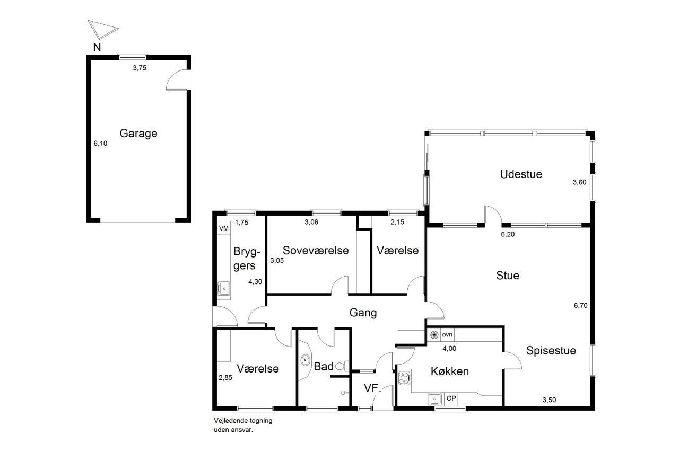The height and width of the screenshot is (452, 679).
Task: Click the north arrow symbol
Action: tap(102, 30)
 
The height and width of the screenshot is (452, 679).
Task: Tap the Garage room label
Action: tap(138, 134)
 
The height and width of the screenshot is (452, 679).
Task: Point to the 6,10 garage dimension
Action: tap(100, 144)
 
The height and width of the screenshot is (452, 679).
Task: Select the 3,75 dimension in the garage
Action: tap(140, 68)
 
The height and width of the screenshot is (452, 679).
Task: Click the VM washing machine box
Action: tap(224, 228)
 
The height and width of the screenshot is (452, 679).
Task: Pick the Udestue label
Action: tap(521, 174)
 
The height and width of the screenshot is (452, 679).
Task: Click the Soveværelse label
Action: tap(316, 250)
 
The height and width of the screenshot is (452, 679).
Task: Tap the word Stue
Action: tap(508, 276)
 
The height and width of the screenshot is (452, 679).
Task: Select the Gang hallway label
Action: tap(363, 313)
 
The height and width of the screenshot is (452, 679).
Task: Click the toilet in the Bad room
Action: tap(342, 366)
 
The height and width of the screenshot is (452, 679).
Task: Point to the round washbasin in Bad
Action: tap(305, 360)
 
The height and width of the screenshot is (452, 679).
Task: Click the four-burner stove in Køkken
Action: tap(404, 378)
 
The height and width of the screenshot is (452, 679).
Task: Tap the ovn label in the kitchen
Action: tap(447, 334)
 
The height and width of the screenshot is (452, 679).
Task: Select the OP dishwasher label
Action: tap(451, 398)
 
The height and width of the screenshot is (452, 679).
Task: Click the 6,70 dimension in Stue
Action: tap(580, 306)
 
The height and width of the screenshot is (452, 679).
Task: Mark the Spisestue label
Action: tap(551, 351)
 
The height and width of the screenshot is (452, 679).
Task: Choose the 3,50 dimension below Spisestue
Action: tap(549, 400)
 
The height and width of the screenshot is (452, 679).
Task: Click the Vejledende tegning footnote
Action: tap(243, 425)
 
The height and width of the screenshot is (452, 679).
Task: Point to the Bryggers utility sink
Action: tap(224, 288)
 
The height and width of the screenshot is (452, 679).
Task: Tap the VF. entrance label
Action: tap(372, 388)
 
